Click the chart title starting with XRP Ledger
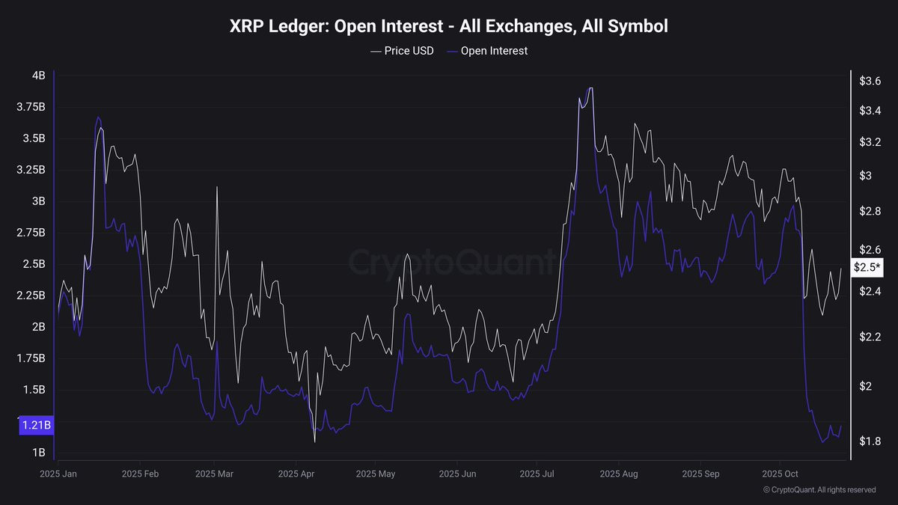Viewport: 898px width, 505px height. [448, 26]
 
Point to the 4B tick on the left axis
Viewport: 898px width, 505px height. [38, 76]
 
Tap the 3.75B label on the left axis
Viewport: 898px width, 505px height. [31, 107]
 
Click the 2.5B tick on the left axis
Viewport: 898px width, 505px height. [34, 264]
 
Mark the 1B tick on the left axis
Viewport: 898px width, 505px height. [38, 453]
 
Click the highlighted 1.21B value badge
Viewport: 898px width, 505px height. [35, 426]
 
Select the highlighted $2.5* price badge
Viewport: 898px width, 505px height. [867, 267]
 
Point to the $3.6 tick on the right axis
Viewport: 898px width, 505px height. [870, 81]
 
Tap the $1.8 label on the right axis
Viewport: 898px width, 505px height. [870, 441]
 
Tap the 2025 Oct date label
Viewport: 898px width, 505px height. [781, 474]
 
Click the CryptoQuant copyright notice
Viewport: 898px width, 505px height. [819, 490]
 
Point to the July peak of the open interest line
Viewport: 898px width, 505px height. [590, 88]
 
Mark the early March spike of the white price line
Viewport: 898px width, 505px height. [217, 187]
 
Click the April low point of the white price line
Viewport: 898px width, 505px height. [314, 441]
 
